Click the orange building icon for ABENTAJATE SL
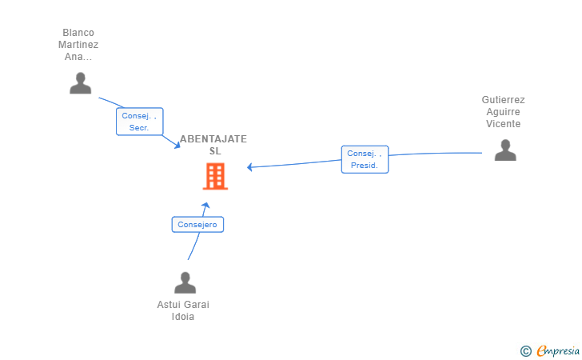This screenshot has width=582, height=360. tap(215, 177)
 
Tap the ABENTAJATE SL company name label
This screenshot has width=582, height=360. tap(213, 145)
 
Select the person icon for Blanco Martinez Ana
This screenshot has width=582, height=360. tap(80, 83)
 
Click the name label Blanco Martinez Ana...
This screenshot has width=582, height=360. tap(78, 45)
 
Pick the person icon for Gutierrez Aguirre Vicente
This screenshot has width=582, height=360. tap(505, 150)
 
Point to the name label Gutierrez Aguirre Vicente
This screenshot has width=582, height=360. tap(504, 112)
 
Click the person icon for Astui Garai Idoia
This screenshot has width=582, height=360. tap(185, 282)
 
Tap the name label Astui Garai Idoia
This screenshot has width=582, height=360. tap(183, 310)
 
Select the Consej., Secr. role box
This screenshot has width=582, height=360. tap(140, 122)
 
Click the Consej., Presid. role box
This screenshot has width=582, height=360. tap(365, 159)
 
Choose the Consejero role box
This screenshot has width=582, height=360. tap(197, 224)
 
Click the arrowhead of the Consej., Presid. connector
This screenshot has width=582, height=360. tap(249, 167)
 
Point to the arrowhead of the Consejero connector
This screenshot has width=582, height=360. tap(205, 205)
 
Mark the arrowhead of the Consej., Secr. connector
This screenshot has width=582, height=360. tap(177, 146)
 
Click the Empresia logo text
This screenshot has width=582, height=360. tap(558, 350)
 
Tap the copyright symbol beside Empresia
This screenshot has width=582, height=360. tap(526, 351)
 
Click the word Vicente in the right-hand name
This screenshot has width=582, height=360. tap(504, 124)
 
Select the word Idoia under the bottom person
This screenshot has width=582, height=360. tap(182, 317)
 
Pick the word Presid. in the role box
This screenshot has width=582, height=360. tap(364, 166)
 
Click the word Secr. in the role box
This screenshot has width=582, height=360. tap(139, 128)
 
